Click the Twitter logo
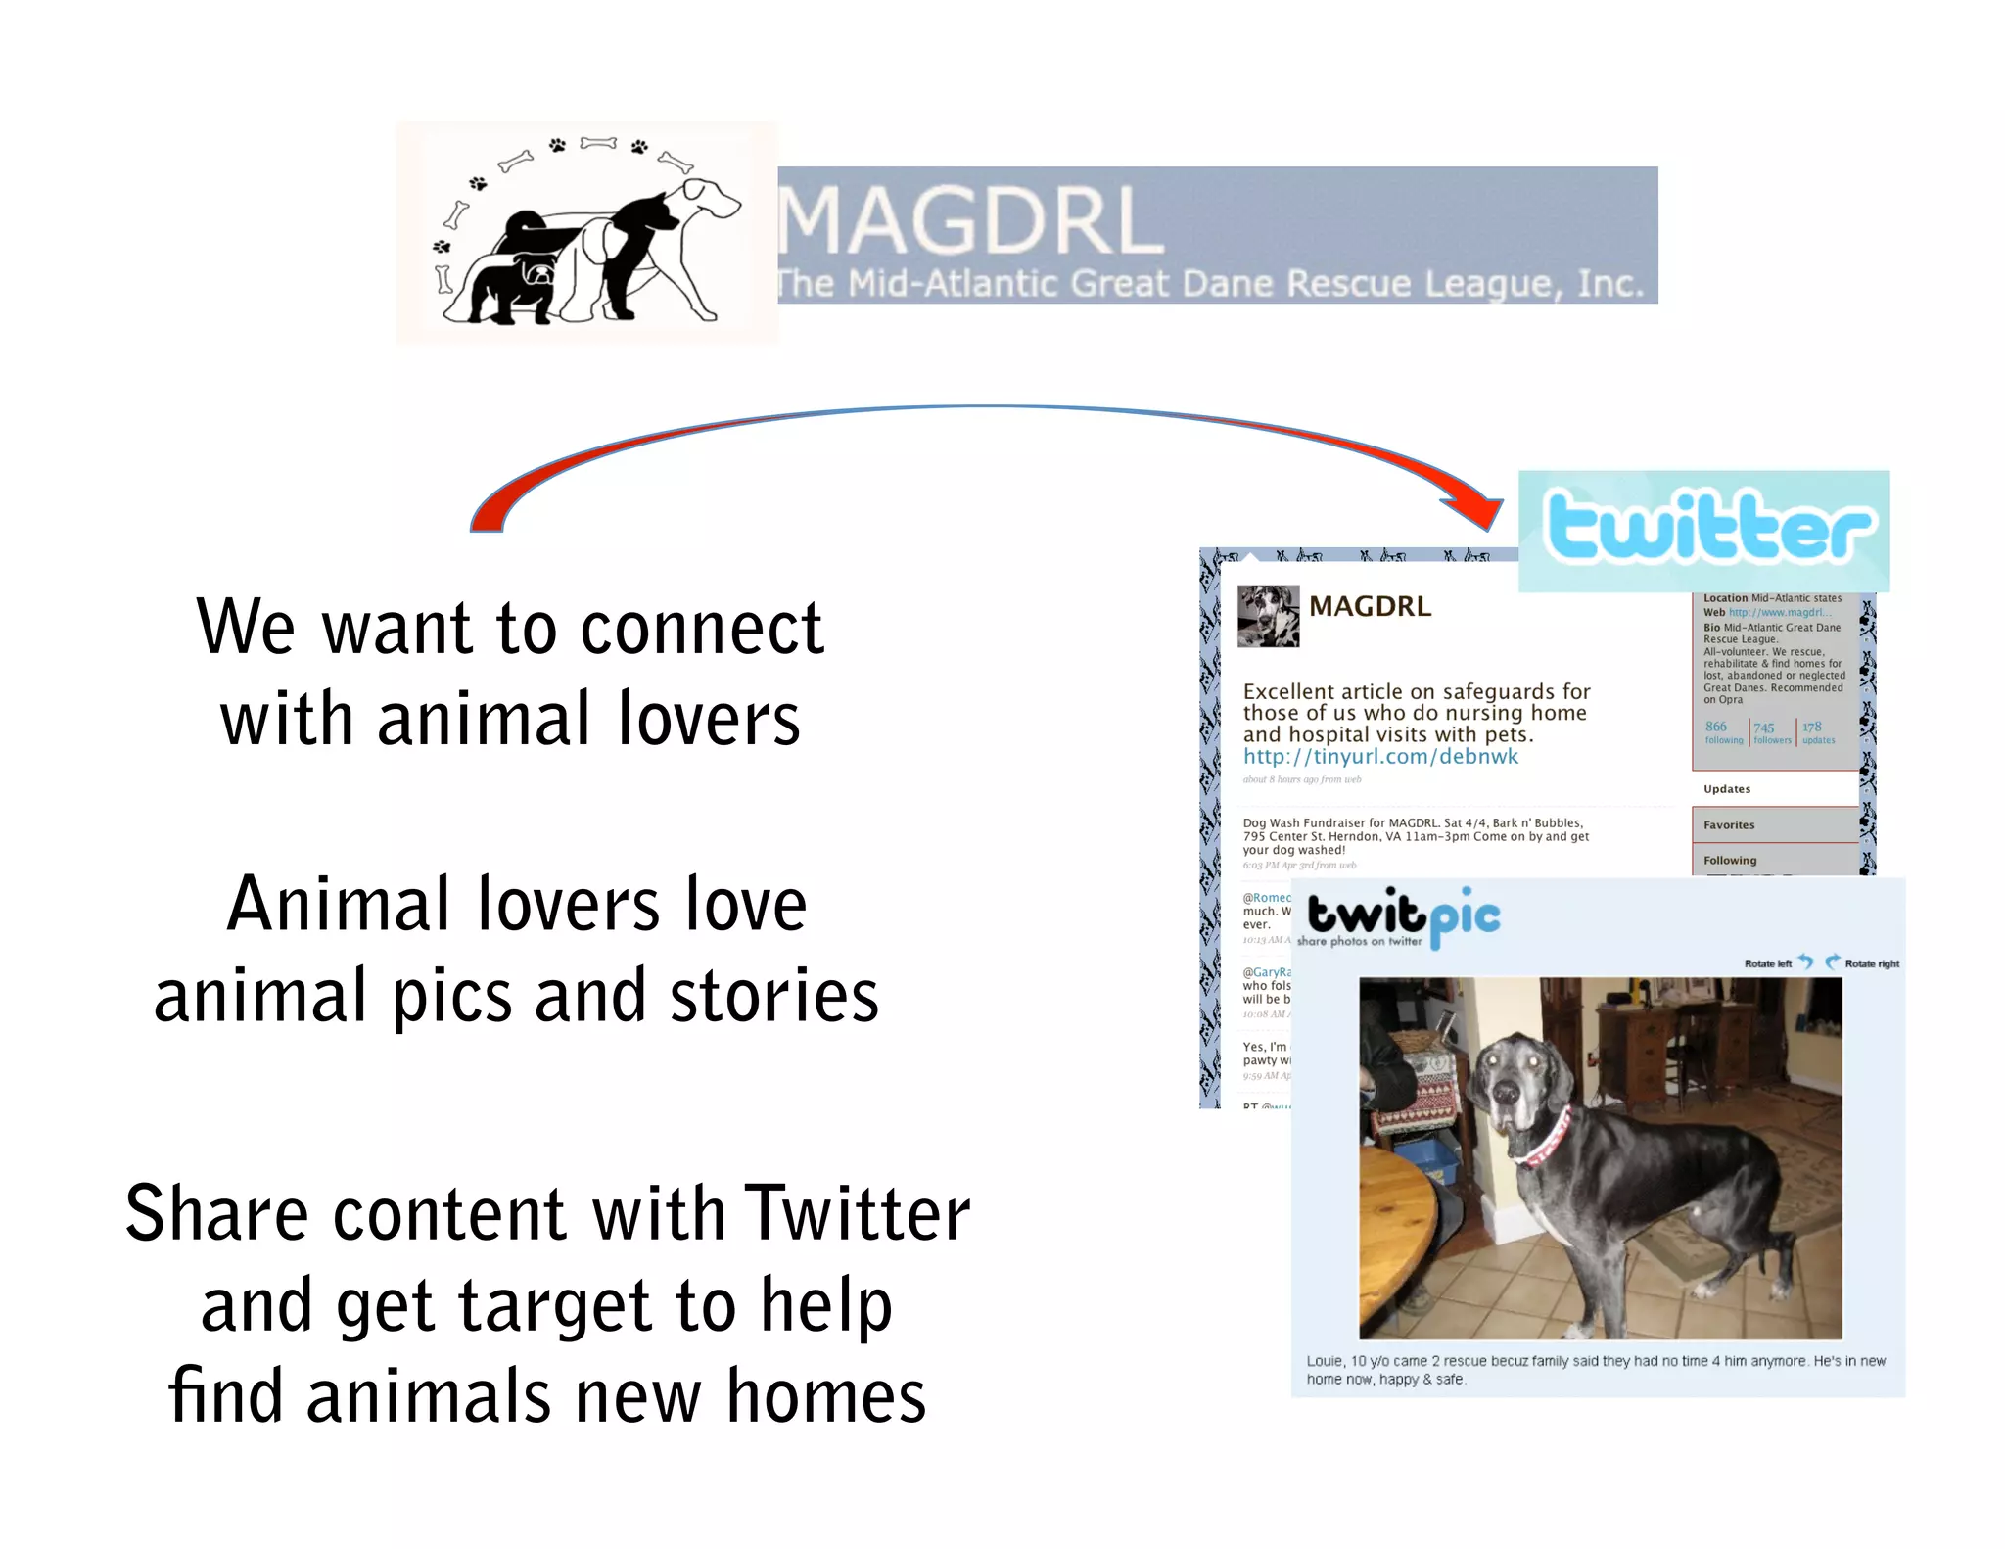point(1707,529)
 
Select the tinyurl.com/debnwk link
point(1380,757)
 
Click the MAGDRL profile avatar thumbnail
point(1268,616)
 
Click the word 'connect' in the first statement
point(701,628)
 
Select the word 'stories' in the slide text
point(773,996)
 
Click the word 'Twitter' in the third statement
point(857,1214)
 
